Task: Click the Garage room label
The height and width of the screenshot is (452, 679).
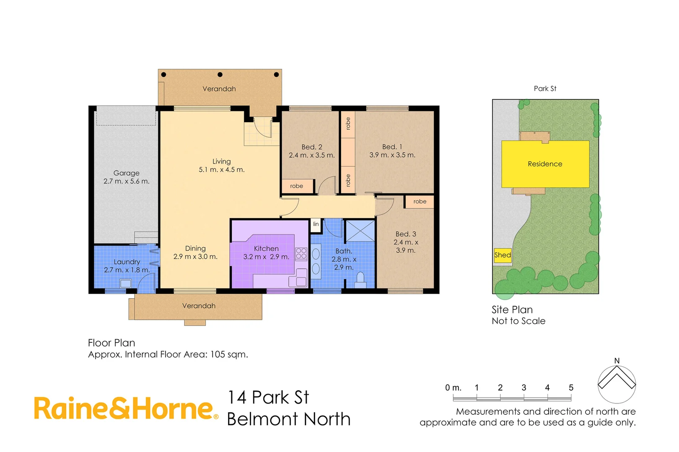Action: click(126, 173)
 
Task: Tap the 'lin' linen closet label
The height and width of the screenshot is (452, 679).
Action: click(316, 224)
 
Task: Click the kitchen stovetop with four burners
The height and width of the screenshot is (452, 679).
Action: click(301, 254)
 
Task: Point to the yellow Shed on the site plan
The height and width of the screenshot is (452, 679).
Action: click(503, 255)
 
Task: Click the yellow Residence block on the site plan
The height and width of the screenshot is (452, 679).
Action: click(545, 164)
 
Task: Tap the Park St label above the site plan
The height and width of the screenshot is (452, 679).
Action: click(545, 89)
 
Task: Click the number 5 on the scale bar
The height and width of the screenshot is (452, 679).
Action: click(571, 388)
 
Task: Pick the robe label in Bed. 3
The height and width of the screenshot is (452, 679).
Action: click(420, 202)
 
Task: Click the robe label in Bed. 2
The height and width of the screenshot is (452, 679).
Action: click(296, 186)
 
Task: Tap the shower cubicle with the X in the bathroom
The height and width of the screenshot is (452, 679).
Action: click(360, 231)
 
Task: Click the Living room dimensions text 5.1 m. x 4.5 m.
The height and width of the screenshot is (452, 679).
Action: click(221, 170)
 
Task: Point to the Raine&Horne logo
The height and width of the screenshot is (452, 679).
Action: click(126, 408)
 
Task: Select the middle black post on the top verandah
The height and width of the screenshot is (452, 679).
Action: click(220, 75)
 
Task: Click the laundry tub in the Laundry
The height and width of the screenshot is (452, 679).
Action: click(125, 283)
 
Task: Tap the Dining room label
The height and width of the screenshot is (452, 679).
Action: click(195, 249)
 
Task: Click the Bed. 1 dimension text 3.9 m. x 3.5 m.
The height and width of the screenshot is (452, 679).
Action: click(392, 155)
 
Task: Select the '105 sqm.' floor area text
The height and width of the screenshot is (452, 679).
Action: click(229, 354)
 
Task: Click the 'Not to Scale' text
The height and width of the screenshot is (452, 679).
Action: click(518, 321)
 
